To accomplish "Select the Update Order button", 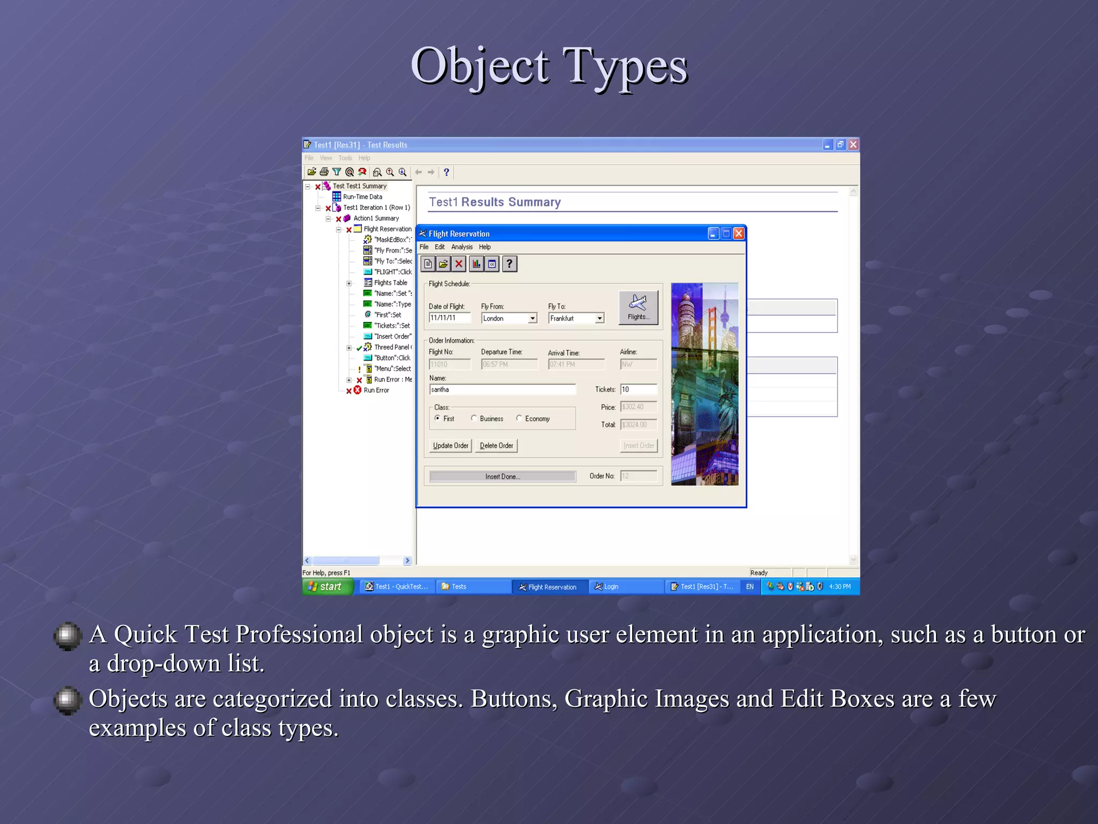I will tap(450, 446).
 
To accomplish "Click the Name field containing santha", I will tap(502, 389).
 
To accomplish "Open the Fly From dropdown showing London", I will tap(532, 319).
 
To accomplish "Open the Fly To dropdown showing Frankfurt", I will tap(599, 319).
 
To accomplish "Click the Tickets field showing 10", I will tap(638, 389).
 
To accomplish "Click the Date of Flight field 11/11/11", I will tap(449, 318).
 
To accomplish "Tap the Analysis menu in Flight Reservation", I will tap(462, 247).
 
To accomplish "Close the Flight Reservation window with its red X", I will tap(738, 233).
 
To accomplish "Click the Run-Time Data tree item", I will tap(362, 197).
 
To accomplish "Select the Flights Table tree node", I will tap(390, 283).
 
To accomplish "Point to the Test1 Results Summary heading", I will tap(494, 202).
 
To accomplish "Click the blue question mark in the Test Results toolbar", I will tap(446, 172).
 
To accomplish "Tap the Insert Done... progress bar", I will tap(502, 476).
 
